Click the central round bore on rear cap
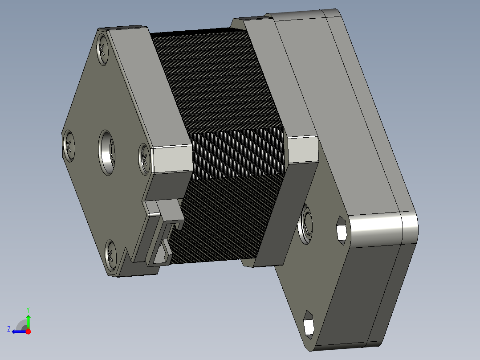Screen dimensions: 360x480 [106, 152]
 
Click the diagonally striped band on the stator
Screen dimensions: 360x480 [238, 152]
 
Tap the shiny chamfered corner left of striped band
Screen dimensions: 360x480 [171, 159]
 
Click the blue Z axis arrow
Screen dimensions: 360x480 [18, 331]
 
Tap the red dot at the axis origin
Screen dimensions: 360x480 [28, 331]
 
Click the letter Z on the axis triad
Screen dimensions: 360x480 [9, 329]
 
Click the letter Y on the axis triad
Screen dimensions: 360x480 [28, 309]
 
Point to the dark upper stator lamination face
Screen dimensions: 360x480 [214, 80]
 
